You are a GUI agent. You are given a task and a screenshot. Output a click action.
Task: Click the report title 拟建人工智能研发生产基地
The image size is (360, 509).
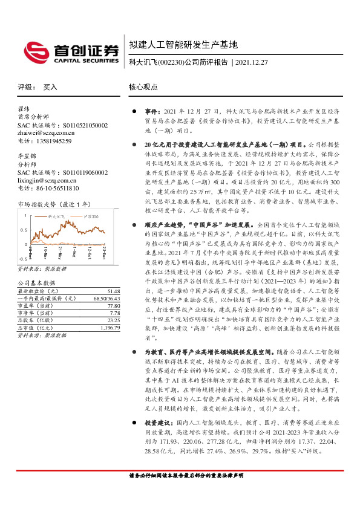coord(183,45)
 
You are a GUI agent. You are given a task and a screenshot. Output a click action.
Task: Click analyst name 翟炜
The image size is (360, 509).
coord(24,109)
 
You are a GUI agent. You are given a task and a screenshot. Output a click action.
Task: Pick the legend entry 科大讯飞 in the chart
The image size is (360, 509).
coord(54,216)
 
